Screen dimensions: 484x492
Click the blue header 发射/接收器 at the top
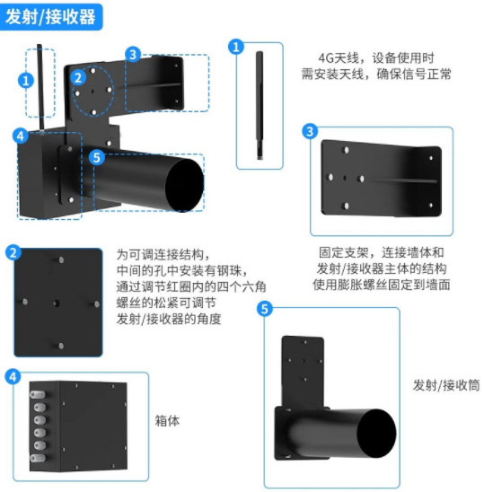[50, 17]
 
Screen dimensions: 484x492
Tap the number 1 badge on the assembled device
[26, 81]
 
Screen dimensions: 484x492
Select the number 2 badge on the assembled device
[78, 77]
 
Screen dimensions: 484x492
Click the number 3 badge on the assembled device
[133, 55]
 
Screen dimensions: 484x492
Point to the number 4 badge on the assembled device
[21, 136]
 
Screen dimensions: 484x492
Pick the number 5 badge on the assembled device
[97, 157]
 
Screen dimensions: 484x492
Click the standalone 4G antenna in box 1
[260, 105]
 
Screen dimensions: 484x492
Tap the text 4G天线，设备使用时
[376, 58]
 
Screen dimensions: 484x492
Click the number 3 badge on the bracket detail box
[310, 131]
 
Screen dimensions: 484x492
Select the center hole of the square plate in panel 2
[57, 303]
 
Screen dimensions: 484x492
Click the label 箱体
[167, 421]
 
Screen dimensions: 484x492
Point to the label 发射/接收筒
[446, 385]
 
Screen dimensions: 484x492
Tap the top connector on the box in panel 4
[38, 394]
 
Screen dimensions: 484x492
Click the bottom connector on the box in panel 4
[38, 458]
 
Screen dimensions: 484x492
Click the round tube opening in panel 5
[376, 434]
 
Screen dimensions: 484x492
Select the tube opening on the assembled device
[184, 185]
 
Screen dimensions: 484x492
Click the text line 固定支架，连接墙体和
[382, 252]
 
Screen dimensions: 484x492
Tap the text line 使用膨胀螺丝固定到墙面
[382, 285]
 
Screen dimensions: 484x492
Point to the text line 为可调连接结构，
[163, 254]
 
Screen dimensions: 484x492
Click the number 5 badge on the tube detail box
[265, 309]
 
